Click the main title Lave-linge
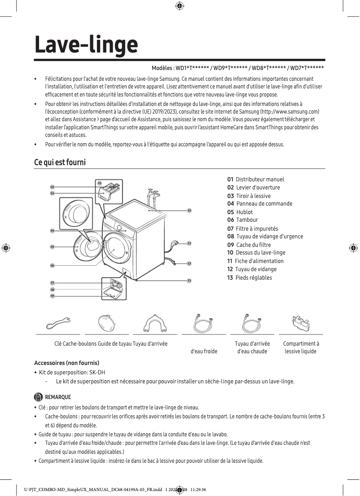click(x=86, y=44)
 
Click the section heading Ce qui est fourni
click(x=60, y=162)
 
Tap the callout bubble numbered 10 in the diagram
click(x=189, y=210)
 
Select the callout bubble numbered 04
click(x=52, y=230)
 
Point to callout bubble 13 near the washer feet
click(x=189, y=281)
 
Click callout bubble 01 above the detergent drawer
click(x=100, y=183)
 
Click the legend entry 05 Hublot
click(x=240, y=212)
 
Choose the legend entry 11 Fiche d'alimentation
click(x=255, y=261)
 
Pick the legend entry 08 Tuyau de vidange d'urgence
click(x=265, y=237)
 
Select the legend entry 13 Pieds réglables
click(x=250, y=277)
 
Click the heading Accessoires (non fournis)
click(x=66, y=363)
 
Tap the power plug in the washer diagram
click(x=174, y=245)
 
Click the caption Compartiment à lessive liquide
click(x=301, y=347)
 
